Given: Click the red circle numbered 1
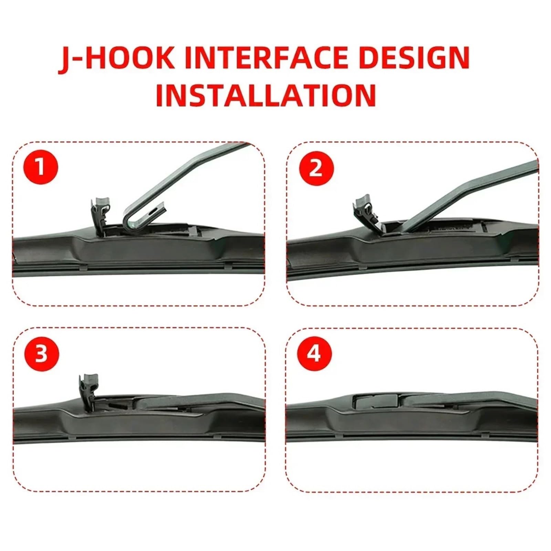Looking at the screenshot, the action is click(41, 167).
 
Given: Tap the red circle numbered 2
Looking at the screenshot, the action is click(316, 168).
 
